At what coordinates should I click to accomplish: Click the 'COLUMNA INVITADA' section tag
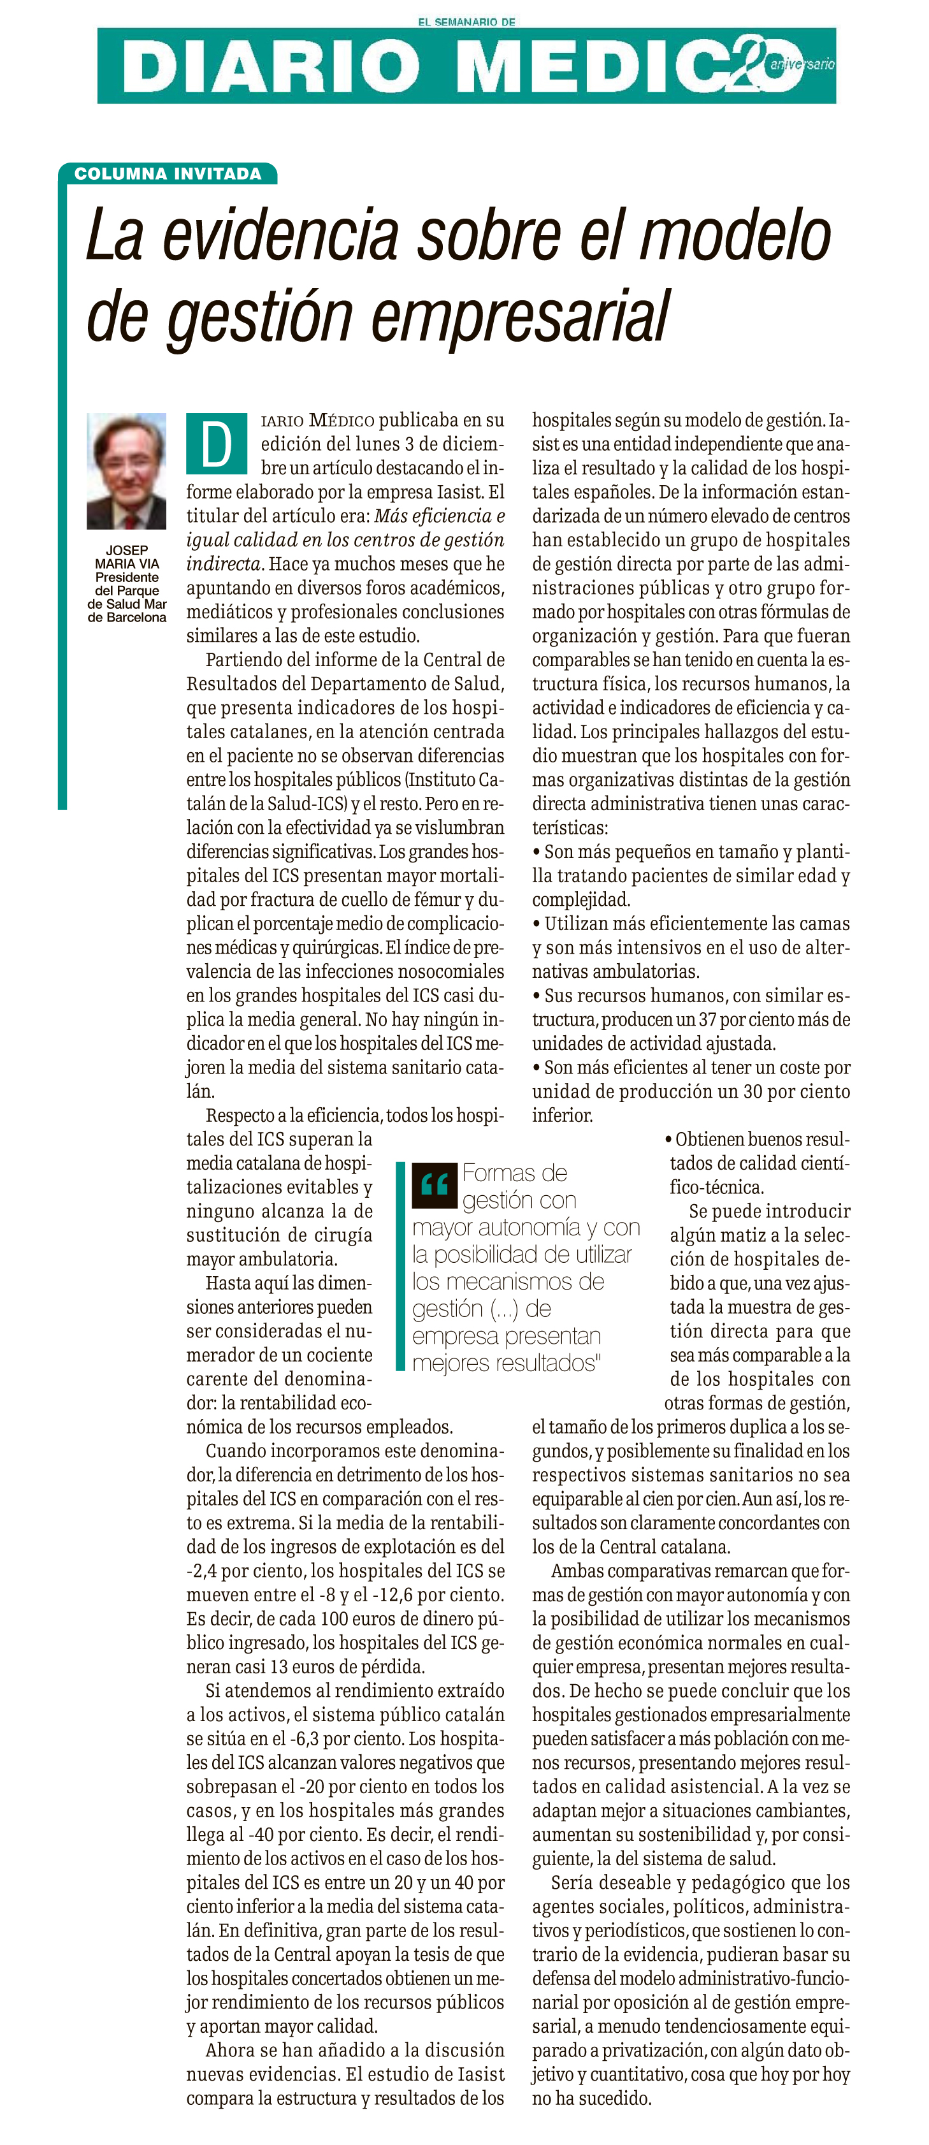click(168, 174)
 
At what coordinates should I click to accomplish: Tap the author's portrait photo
click(127, 470)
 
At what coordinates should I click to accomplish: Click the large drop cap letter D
click(217, 444)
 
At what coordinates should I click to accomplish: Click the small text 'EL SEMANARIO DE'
click(466, 22)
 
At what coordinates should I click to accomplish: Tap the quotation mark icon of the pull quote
click(435, 1184)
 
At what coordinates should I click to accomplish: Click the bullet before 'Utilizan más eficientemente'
click(537, 924)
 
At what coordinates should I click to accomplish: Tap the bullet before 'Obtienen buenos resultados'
click(668, 1139)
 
